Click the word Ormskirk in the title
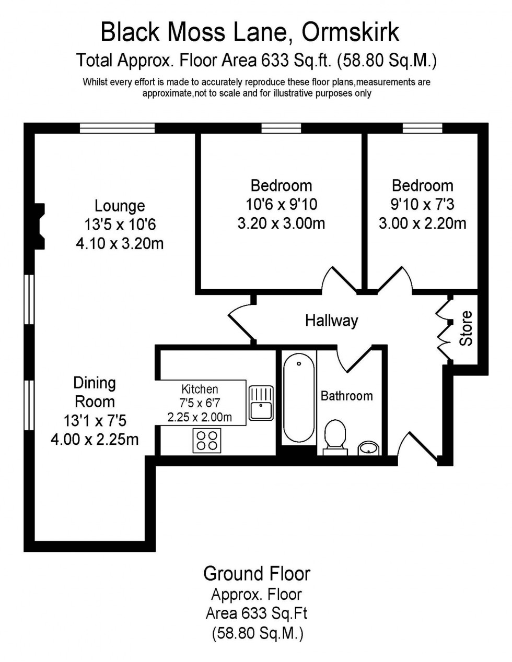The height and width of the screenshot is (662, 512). coord(351,32)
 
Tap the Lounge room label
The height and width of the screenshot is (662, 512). coord(120,206)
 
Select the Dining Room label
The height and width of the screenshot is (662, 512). coord(95,392)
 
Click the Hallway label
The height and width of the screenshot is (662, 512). coord(331,320)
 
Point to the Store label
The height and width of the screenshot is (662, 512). coord(466,328)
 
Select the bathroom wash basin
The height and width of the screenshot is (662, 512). coord(369,447)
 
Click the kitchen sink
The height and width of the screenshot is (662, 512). coord(261,403)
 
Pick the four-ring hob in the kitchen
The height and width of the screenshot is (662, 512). coord(207,440)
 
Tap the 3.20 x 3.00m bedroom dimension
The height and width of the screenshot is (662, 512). coord(281,223)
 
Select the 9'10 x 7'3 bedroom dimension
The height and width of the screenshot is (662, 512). coord(422,204)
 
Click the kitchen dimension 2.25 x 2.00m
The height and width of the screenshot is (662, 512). coord(200,417)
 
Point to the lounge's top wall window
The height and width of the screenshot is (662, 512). coord(117,128)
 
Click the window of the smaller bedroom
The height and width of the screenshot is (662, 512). coord(422,128)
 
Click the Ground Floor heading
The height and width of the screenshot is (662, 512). coord(257,573)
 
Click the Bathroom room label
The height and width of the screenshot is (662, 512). coord(346,396)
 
